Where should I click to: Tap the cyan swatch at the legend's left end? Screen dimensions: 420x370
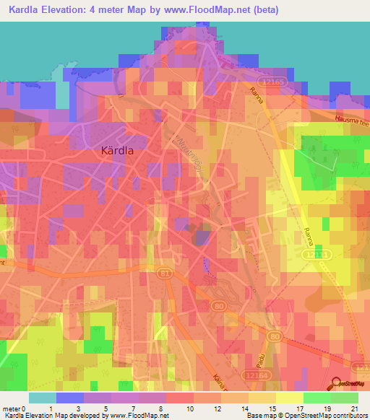point(42,398)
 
